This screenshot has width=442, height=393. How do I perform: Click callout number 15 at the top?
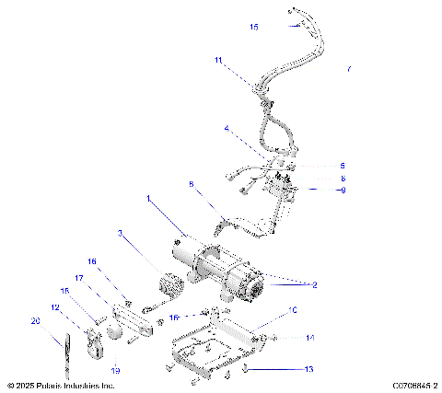[254, 27]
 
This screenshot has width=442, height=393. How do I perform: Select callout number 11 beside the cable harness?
[218, 60]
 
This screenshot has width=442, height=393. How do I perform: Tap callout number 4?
[227, 129]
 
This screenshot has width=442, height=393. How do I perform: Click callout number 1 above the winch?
[148, 198]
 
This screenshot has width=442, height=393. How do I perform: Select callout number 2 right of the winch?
[313, 285]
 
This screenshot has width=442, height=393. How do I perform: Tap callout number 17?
[79, 277]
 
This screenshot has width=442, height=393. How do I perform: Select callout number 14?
[309, 338]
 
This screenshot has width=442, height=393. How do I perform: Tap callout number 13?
[309, 368]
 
